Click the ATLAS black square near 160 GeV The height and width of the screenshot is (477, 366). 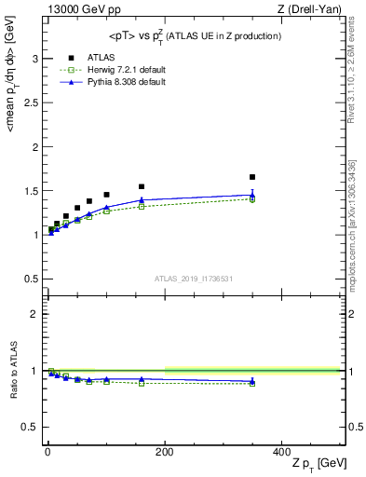point(142,186)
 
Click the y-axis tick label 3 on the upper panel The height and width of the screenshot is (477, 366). point(36,58)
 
